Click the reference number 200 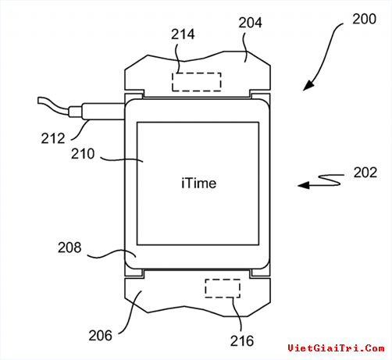(x=364, y=19)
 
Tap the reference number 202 (x=365, y=173)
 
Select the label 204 (x=250, y=23)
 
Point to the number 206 (x=100, y=336)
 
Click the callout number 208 (x=69, y=248)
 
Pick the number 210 (x=83, y=154)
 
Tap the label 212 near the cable (x=53, y=138)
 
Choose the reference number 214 (x=183, y=34)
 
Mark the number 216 (x=242, y=341)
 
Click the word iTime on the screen (x=199, y=184)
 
